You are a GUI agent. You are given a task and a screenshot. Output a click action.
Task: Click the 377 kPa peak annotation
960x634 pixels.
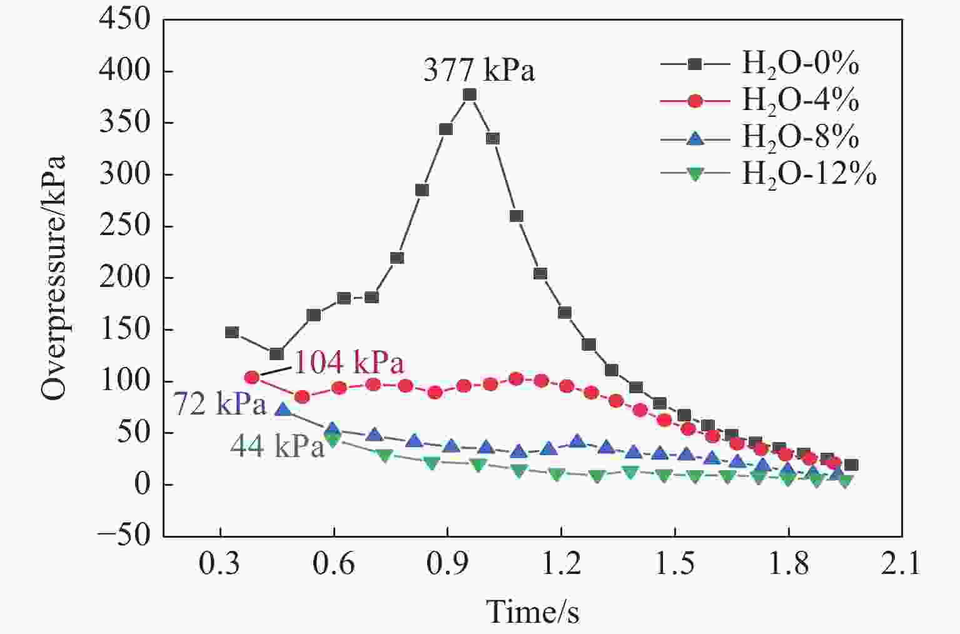(479, 70)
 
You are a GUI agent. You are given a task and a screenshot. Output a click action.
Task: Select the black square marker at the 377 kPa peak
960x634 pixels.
(470, 95)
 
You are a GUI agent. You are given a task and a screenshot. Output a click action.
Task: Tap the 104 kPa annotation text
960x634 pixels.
(349, 363)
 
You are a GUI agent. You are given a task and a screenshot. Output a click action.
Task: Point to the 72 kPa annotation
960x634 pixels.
(219, 405)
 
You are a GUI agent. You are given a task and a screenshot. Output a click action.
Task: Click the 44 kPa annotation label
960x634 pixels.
(277, 446)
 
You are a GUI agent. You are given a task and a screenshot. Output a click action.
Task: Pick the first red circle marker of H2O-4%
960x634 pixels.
(252, 377)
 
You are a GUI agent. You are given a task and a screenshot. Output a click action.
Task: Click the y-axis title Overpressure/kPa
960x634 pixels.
(53, 278)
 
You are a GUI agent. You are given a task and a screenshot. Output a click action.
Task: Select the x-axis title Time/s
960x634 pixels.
(532, 611)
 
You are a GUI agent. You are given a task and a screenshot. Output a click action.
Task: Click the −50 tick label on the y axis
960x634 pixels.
(124, 536)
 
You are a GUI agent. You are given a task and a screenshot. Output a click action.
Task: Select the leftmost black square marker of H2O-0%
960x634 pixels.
(232, 332)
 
